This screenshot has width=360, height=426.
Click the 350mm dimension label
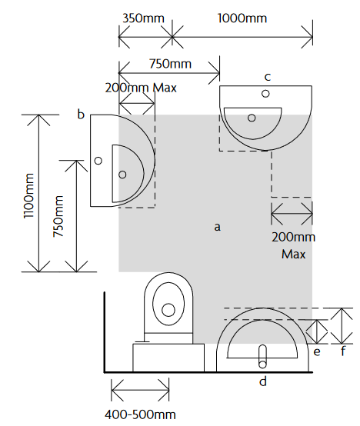143,18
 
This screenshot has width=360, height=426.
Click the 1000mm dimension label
242,18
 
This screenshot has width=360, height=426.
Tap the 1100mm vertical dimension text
28,195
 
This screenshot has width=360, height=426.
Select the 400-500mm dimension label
140,415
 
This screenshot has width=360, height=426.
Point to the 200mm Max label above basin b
141,88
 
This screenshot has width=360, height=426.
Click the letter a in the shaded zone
217,227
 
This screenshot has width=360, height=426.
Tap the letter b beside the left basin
81,114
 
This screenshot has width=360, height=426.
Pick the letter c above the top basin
268,77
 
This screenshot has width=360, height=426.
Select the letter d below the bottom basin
263,381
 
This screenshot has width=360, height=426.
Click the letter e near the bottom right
317,352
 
